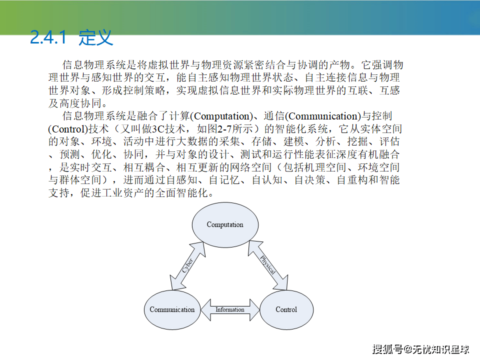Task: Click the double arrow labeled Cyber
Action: point(187,265)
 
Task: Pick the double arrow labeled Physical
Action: point(268,265)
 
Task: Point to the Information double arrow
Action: point(230,310)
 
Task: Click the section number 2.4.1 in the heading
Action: point(48,37)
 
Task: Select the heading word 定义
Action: point(96,37)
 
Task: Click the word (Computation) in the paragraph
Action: point(221,116)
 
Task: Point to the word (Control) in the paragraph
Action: point(68,129)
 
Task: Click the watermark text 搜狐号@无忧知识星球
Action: point(421,349)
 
